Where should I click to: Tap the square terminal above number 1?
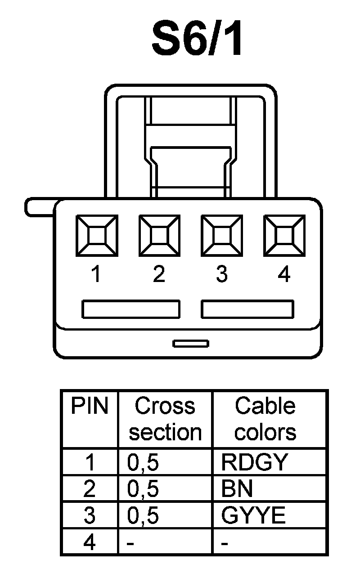(x=96, y=235)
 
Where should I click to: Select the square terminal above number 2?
(x=159, y=235)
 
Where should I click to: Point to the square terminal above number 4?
(x=284, y=235)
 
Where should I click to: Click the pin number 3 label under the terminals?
(x=221, y=274)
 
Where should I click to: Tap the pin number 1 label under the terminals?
(x=95, y=274)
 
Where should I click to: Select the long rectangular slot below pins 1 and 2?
(x=131, y=309)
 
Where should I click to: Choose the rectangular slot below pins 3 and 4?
(x=248, y=309)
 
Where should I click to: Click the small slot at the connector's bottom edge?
(x=191, y=344)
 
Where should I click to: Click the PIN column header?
(x=90, y=406)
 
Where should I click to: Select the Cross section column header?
(x=165, y=419)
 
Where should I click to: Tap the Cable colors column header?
(x=265, y=419)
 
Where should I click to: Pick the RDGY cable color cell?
(x=254, y=462)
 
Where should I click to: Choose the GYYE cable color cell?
(x=254, y=515)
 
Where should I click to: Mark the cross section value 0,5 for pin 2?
(x=143, y=489)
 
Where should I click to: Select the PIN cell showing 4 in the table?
(x=90, y=542)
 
